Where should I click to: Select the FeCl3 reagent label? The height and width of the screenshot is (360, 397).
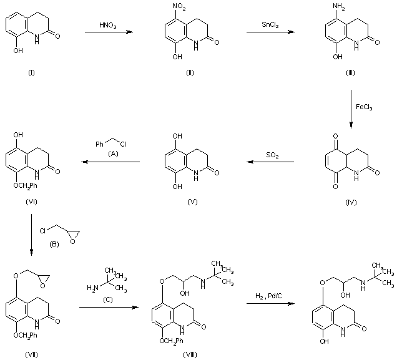point(365,107)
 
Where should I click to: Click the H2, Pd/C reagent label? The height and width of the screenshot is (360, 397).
point(270,296)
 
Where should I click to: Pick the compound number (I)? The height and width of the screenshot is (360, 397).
point(31,73)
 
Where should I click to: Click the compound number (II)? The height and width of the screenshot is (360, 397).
point(190,73)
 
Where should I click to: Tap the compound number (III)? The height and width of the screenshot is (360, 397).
point(350,73)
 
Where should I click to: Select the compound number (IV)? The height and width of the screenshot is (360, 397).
point(350,202)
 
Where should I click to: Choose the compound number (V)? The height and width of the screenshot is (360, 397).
point(190,202)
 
